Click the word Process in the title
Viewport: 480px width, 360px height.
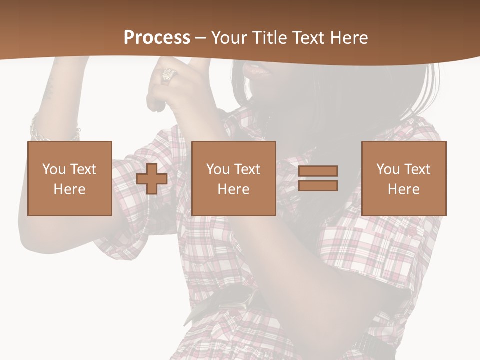coord(157,38)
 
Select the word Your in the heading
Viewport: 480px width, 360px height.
coord(230,38)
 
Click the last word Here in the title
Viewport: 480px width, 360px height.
coord(348,38)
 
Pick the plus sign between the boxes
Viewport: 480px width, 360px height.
coord(152,178)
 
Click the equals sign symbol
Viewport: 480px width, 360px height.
coord(318,178)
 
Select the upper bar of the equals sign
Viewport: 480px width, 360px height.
coord(318,171)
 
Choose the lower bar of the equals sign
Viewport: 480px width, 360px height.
coord(318,185)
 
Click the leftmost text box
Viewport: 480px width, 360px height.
coord(70,178)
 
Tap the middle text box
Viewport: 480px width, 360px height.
coord(234,178)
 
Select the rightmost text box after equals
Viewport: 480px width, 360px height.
coord(404,178)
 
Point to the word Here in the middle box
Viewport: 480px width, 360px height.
coord(234,189)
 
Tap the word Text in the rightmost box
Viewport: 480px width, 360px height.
coord(417,169)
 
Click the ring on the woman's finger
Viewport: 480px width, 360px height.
coord(169,75)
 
